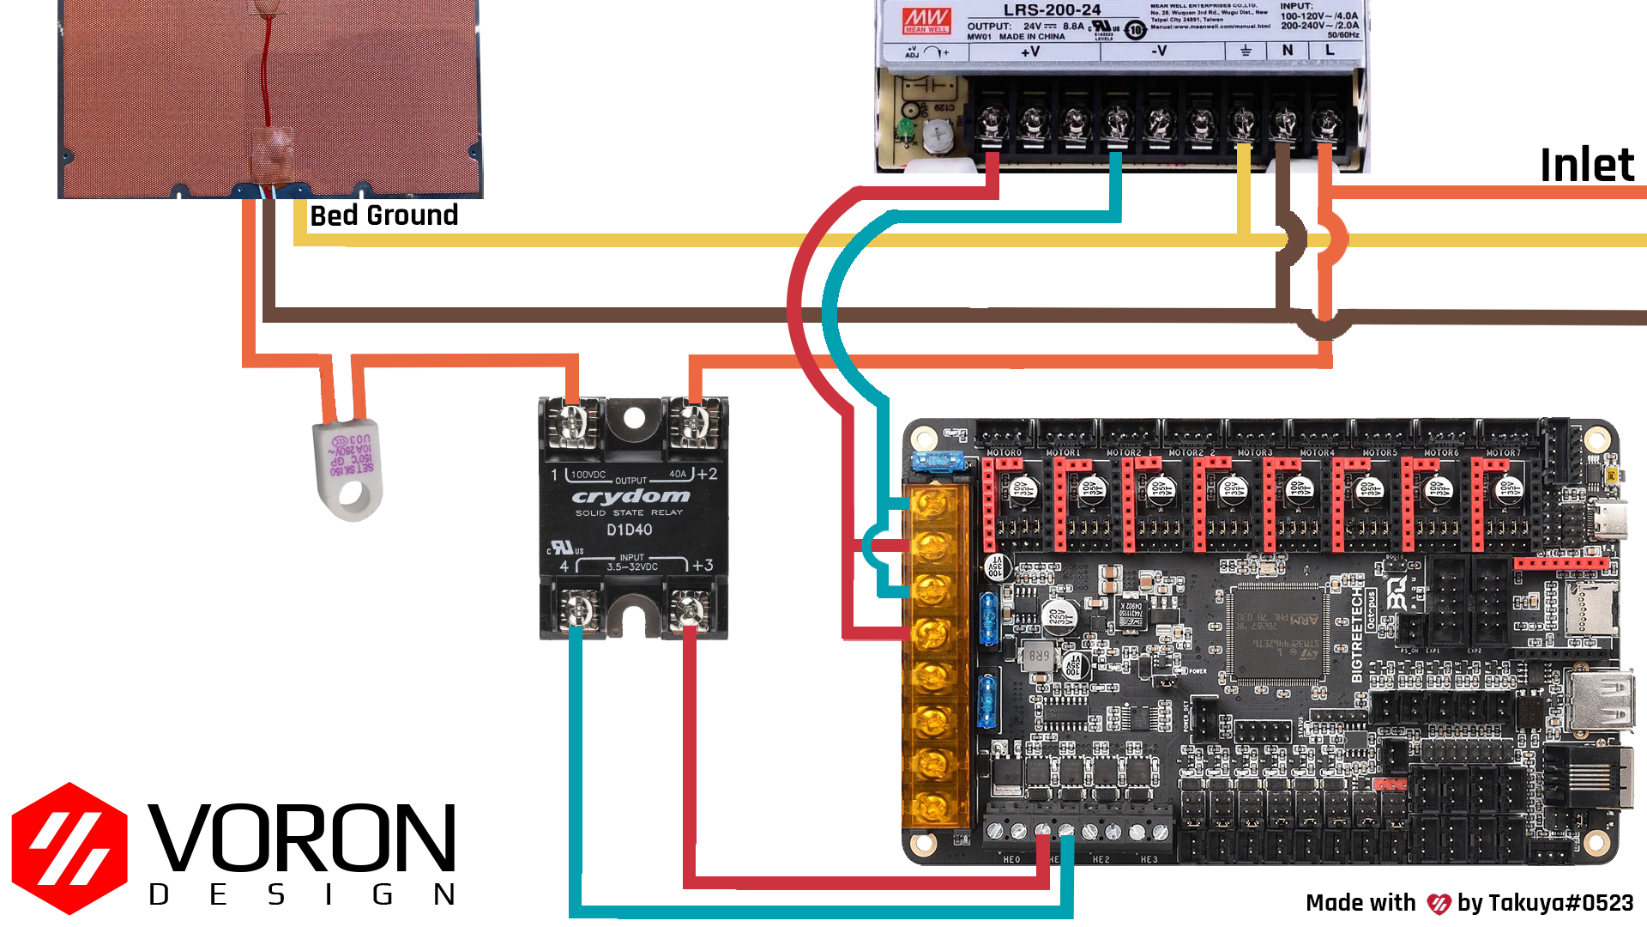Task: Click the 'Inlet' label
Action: pos(1586,165)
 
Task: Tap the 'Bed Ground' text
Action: pos(383,215)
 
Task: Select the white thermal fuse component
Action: pos(348,469)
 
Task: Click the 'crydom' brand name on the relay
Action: pos(630,497)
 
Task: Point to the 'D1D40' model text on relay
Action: pos(629,530)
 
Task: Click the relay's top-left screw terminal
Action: pos(571,423)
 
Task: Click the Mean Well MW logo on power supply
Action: pos(926,21)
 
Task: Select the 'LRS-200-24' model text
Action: pos(1052,10)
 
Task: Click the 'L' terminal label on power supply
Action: pos(1330,51)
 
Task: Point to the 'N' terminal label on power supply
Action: pos(1287,51)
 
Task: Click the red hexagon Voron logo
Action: pos(69,848)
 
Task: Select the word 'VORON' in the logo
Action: pos(301,838)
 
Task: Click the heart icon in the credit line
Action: pos(1438,904)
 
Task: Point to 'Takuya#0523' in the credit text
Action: pos(1560,903)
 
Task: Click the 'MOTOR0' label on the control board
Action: pos(1004,452)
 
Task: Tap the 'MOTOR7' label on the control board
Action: pos(1502,452)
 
